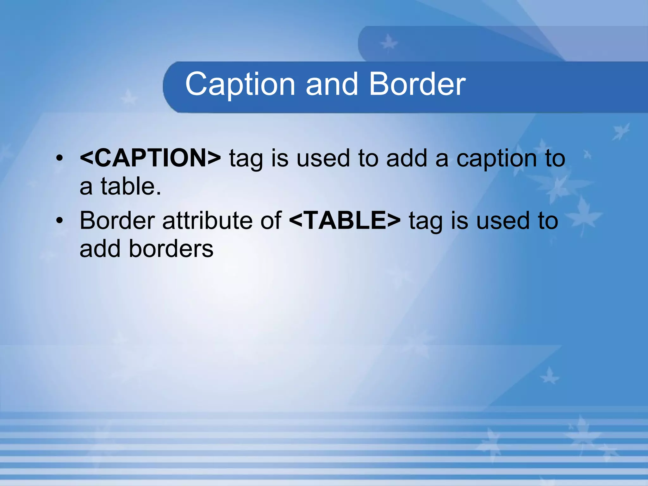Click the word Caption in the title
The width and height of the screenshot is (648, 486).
tap(240, 84)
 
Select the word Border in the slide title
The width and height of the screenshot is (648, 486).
tap(417, 84)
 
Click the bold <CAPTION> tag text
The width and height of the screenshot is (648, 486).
tap(150, 158)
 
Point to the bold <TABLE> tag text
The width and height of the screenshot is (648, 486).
tap(345, 221)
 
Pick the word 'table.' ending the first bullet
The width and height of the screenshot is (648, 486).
tap(131, 186)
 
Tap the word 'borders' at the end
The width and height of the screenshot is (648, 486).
tap(171, 249)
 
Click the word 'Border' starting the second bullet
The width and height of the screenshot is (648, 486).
tap(117, 221)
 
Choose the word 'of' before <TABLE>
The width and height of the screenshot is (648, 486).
tap(271, 221)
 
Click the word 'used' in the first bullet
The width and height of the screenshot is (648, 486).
tap(323, 158)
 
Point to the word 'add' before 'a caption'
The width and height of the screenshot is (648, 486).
tap(407, 158)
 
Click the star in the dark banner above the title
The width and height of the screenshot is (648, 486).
tap(389, 43)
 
